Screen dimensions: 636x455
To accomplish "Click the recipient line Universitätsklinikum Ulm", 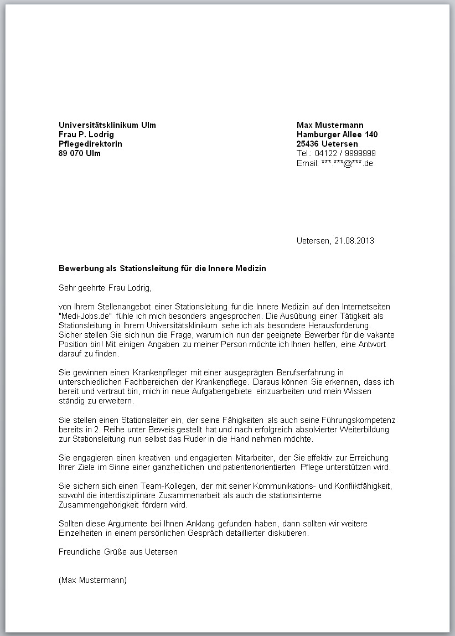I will [x=107, y=125].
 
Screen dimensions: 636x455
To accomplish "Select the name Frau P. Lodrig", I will [x=86, y=135].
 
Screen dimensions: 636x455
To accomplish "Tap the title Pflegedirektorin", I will [x=91, y=144].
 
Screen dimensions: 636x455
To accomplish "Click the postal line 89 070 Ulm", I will [x=80, y=153].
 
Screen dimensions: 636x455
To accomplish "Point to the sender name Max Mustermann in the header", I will [x=330, y=125].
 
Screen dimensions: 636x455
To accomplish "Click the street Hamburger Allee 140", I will [x=337, y=135].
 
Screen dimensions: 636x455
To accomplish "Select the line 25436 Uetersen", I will [x=327, y=144].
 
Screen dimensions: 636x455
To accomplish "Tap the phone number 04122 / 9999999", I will [x=345, y=153].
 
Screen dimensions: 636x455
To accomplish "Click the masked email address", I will [x=347, y=163].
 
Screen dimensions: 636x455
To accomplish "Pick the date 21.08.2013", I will [x=354, y=241].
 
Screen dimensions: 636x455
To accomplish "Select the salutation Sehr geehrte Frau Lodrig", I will [x=105, y=288].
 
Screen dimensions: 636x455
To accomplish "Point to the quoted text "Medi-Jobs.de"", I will [x=82, y=316].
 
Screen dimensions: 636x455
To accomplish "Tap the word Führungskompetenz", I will [x=361, y=420].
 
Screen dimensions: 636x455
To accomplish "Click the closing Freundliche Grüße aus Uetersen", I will [x=118, y=552].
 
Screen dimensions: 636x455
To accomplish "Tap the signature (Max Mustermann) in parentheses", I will [x=92, y=580].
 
